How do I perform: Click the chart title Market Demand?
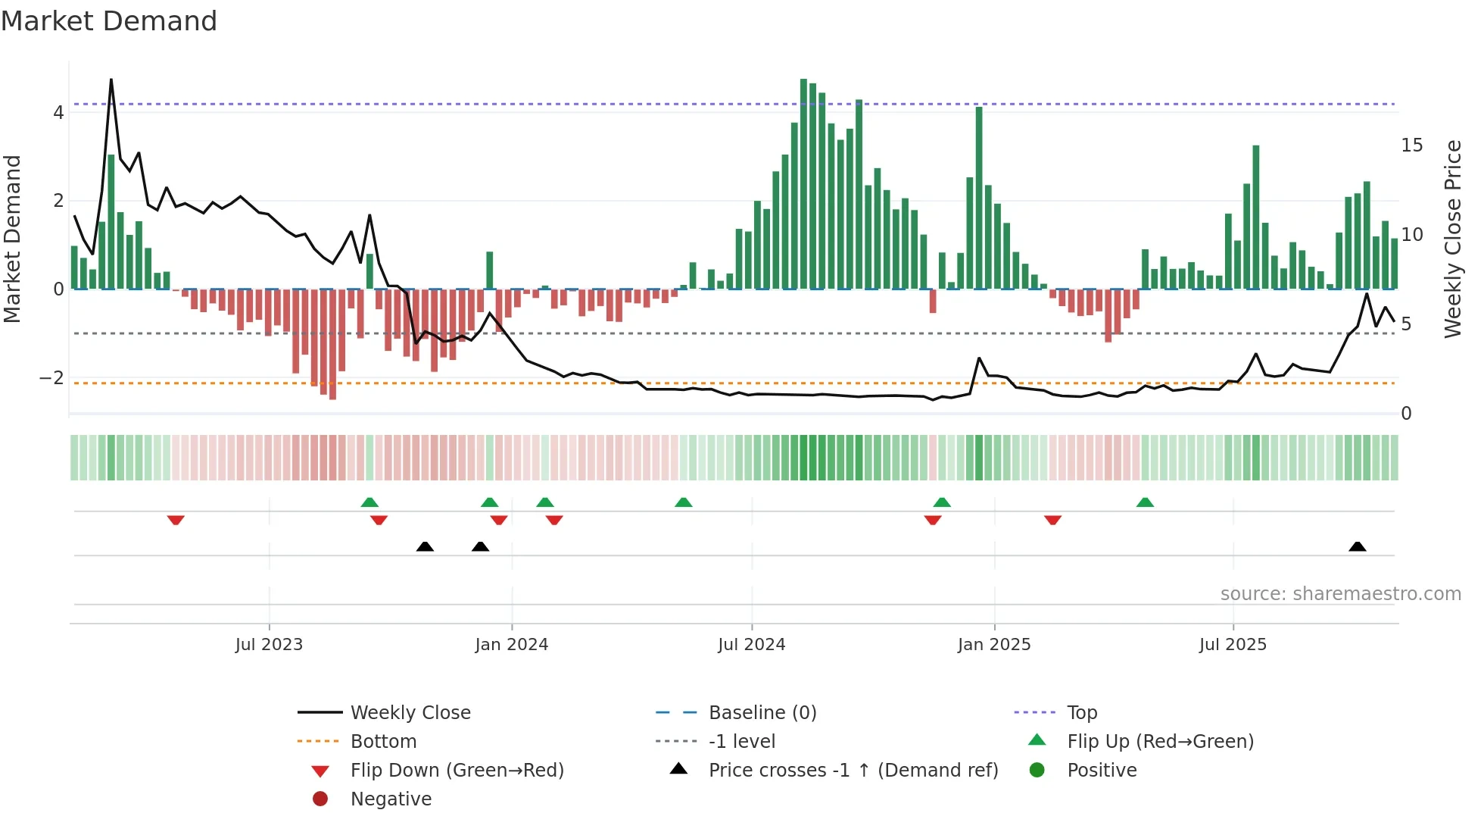[109, 21]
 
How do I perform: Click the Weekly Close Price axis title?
[1452, 239]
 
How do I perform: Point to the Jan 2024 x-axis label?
[511, 645]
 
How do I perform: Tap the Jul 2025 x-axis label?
[1232, 645]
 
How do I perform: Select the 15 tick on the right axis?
[1411, 145]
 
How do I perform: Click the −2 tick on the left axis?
[52, 377]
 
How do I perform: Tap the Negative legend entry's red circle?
[320, 799]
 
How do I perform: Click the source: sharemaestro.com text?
[1340, 594]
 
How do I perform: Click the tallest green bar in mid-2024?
[803, 182]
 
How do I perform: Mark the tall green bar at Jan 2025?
[979, 197]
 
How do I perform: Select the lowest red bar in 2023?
[332, 345]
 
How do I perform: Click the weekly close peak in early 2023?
[111, 80]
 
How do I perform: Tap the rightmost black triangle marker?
[1357, 546]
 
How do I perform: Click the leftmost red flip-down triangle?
[176, 520]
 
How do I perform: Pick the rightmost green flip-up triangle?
[1145, 502]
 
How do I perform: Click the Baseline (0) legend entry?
[762, 713]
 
